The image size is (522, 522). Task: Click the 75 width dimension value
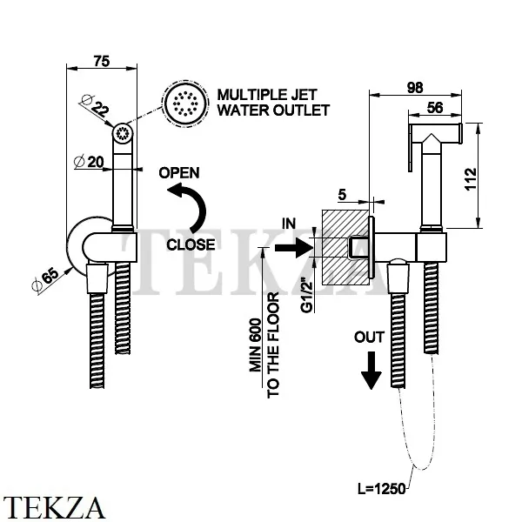click(102, 61)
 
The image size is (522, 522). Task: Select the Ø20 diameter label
click(89, 162)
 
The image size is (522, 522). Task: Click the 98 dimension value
click(415, 88)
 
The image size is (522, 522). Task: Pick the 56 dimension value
click(435, 108)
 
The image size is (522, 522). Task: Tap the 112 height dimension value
click(471, 179)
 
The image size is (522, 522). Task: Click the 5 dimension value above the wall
click(342, 195)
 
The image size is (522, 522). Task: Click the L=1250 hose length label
click(382, 489)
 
